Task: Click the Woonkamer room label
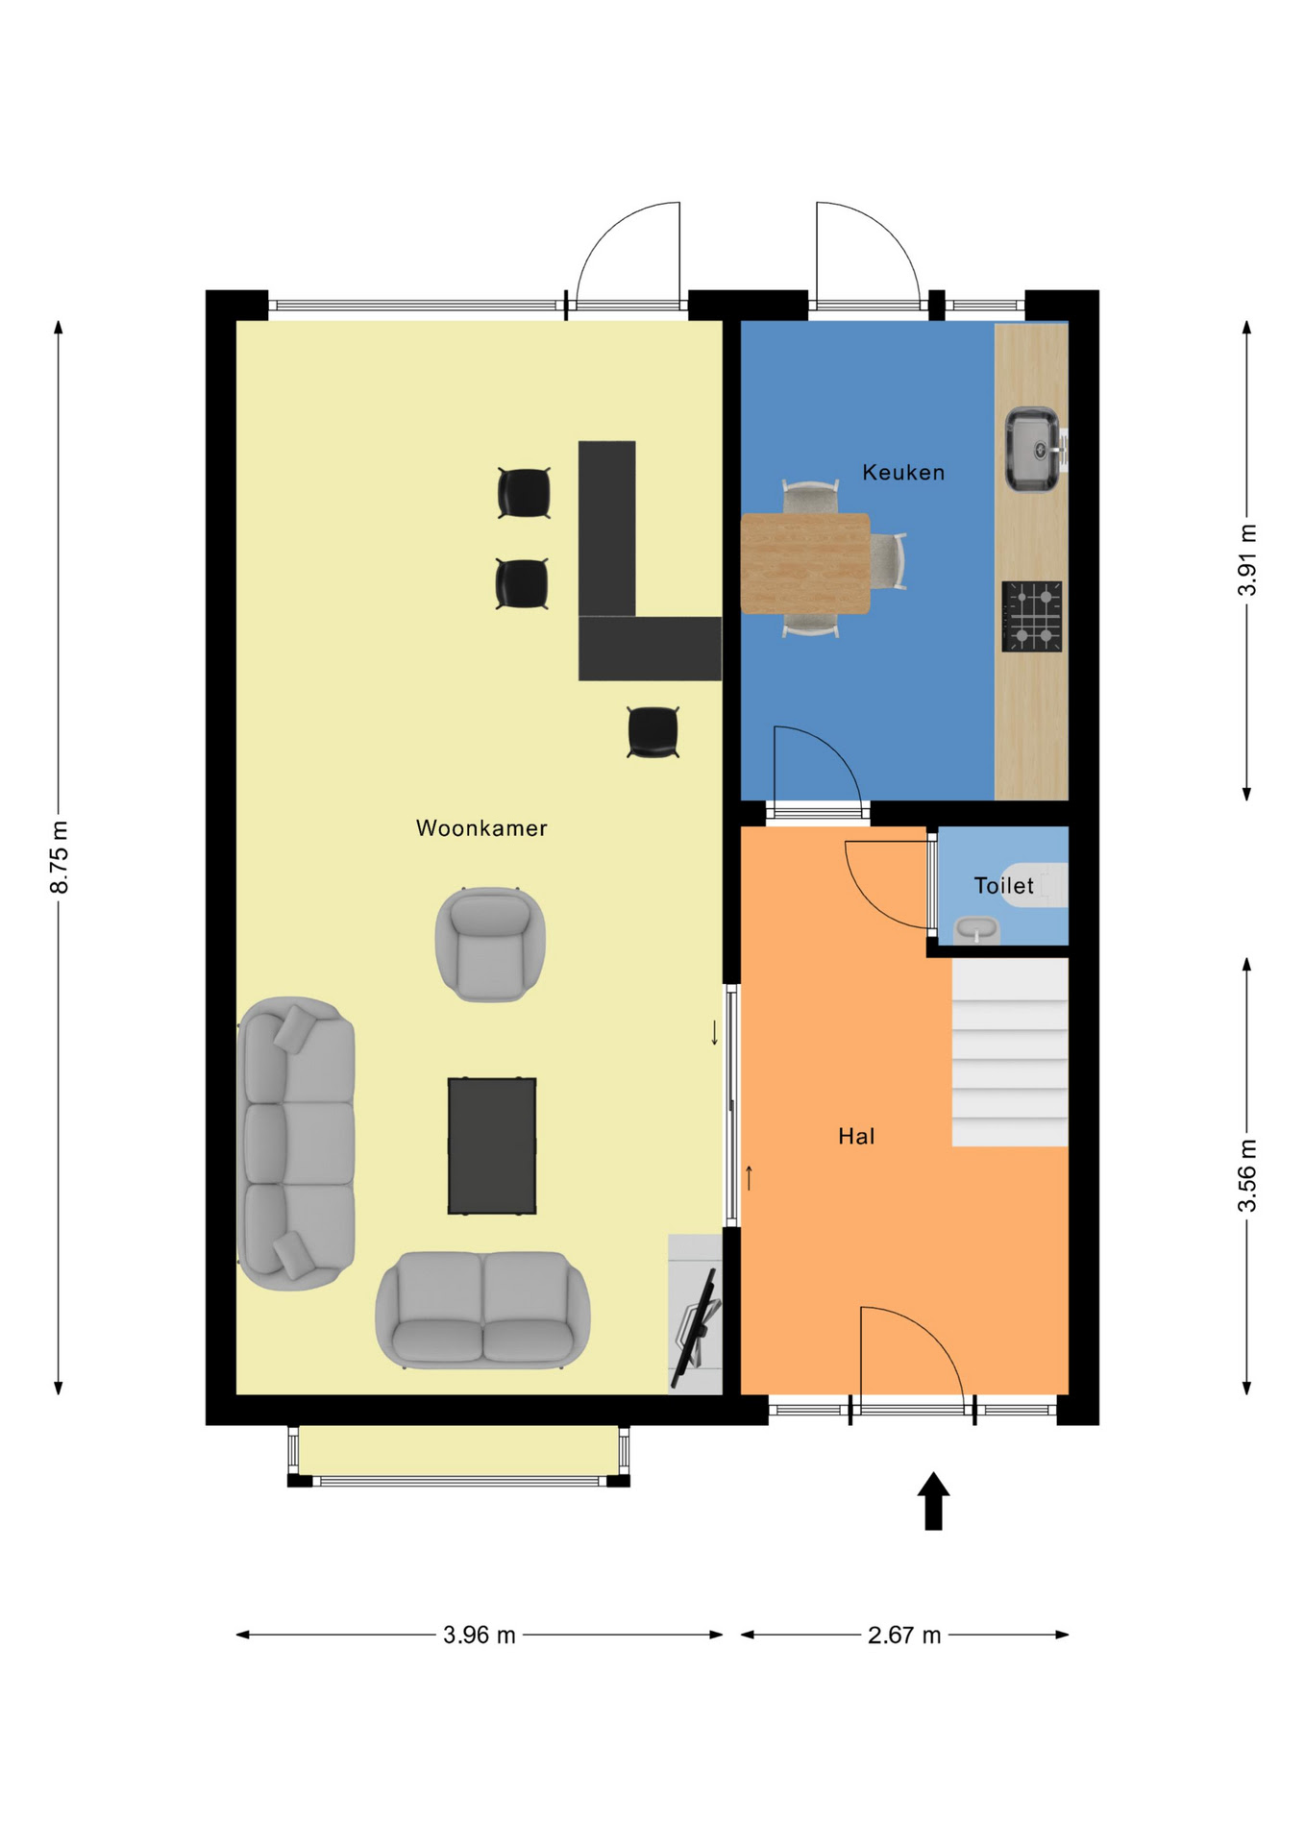point(481,828)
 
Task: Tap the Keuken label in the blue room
point(903,472)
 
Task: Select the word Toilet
point(1003,885)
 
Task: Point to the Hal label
point(856,1137)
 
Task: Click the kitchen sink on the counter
point(1033,450)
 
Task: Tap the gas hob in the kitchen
point(1032,617)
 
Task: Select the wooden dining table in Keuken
point(805,563)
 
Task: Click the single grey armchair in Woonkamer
point(490,945)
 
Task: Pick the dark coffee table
point(492,1145)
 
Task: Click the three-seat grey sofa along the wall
point(296,1144)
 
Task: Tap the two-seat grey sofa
point(482,1310)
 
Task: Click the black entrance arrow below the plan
point(933,1501)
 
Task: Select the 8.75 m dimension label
point(60,857)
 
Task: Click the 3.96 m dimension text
point(480,1635)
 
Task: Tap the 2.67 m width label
point(904,1635)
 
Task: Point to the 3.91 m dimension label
point(1247,560)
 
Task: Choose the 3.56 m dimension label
point(1247,1175)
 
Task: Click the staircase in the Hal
point(1010,1052)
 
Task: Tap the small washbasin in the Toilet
point(976,930)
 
